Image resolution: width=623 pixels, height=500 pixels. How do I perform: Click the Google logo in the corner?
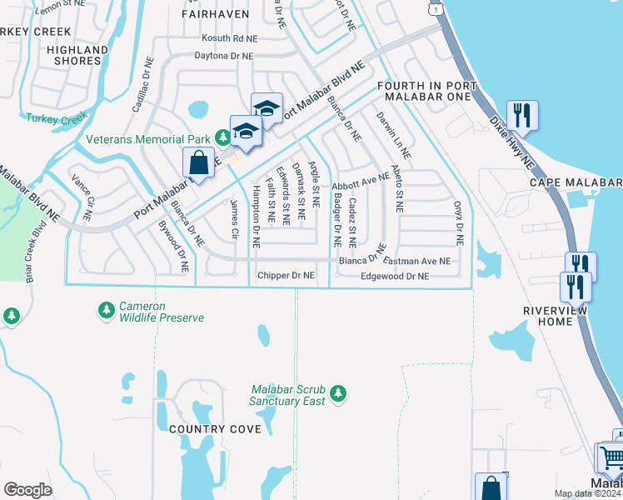[28, 490]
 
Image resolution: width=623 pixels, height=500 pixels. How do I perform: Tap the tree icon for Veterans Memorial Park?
[222, 136]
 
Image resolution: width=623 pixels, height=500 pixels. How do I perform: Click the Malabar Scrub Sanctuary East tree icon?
[337, 392]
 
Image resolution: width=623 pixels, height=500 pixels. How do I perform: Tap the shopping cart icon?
[611, 458]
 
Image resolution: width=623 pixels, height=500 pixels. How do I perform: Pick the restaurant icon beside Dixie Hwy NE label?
[522, 116]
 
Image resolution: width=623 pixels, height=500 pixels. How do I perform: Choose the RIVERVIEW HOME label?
[555, 317]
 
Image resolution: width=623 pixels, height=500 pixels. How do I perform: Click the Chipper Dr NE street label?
[286, 275]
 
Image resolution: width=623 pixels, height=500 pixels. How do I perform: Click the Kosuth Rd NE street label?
[230, 38]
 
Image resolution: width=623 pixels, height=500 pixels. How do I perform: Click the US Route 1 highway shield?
[434, 7]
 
